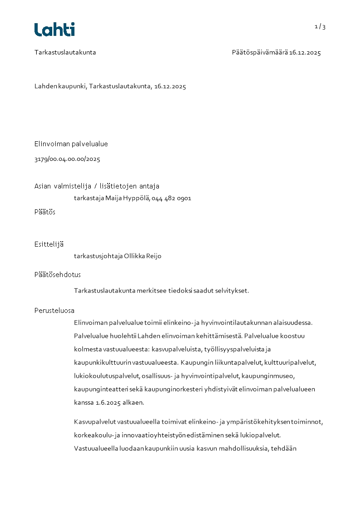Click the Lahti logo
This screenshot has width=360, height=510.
click(x=54, y=30)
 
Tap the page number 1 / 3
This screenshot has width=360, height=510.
click(x=320, y=27)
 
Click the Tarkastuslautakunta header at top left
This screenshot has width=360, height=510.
click(x=65, y=52)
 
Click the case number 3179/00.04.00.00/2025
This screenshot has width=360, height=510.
click(x=67, y=159)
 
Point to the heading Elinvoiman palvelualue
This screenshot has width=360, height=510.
click(x=71, y=144)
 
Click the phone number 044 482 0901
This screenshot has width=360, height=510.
click(x=172, y=198)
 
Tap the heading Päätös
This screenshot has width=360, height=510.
click(x=45, y=212)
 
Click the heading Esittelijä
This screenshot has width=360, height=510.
click(x=49, y=244)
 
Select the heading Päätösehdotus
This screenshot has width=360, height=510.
click(x=58, y=274)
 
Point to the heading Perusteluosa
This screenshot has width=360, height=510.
click(x=54, y=311)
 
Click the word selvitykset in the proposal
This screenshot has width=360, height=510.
click(x=233, y=291)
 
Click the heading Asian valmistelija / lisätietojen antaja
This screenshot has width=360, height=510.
click(x=97, y=186)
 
